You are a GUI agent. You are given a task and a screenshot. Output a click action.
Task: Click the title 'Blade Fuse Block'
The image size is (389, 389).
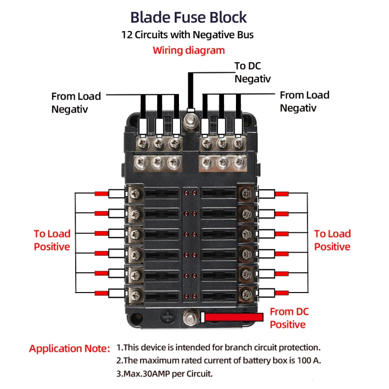click(188, 17)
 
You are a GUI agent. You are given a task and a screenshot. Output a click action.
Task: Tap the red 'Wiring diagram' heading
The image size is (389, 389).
click(188, 50)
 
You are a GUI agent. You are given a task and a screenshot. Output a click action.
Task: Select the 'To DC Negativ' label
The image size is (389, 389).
click(253, 72)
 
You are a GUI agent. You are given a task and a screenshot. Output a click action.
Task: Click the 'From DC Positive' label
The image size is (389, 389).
click(289, 318)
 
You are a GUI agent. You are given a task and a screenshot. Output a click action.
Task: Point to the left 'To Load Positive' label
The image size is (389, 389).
click(52, 240)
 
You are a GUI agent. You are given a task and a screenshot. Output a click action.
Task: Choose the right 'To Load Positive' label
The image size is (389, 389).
click(332, 240)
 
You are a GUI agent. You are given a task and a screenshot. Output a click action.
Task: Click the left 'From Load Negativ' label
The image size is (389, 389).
click(76, 102)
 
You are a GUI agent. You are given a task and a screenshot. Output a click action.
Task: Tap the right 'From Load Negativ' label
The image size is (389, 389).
click(304, 101)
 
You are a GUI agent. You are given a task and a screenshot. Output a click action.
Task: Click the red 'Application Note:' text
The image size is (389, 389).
click(70, 349)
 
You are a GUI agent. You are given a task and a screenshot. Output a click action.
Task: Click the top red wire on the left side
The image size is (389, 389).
click(102, 194)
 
